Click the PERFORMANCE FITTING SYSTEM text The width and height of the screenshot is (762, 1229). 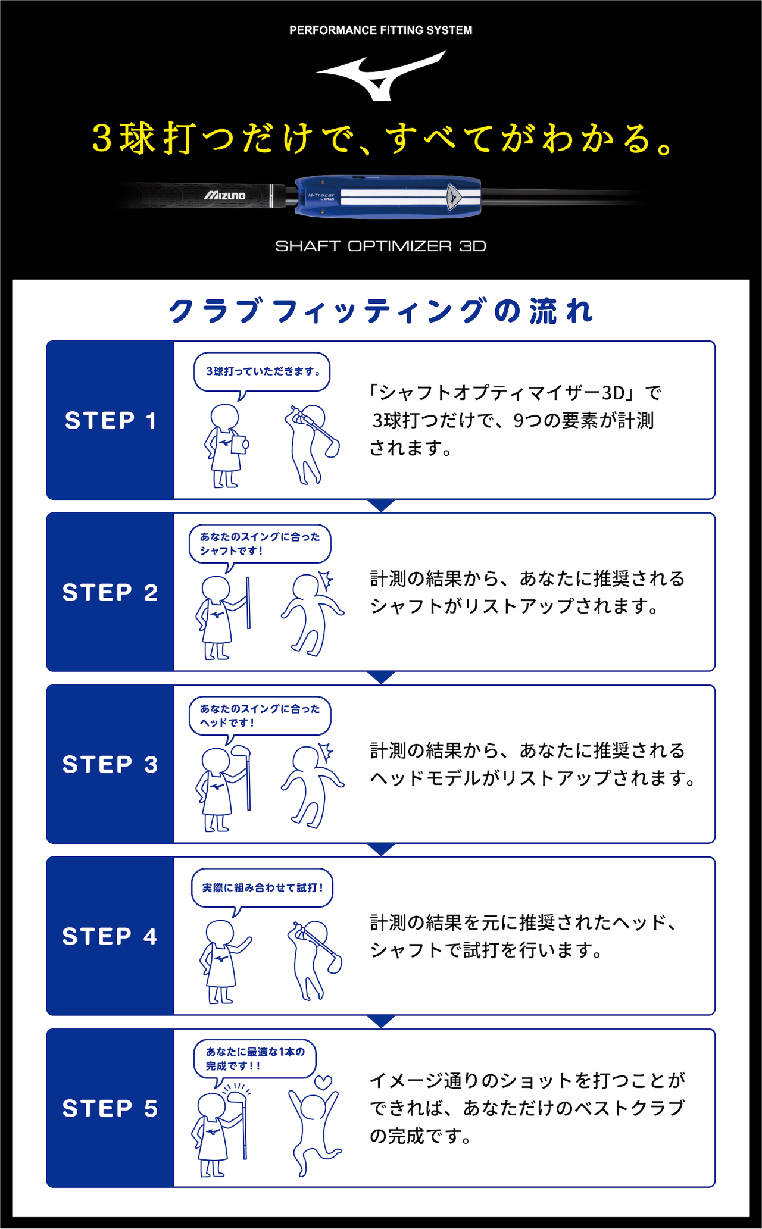point(380,30)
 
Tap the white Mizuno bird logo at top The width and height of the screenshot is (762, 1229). point(381,76)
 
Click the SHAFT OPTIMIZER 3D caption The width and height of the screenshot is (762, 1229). point(380,246)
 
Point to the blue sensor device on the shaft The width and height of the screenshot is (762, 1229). point(388,196)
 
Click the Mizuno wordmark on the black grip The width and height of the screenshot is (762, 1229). point(225,196)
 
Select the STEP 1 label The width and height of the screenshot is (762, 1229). point(111,421)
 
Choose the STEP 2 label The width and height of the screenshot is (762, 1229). point(111,593)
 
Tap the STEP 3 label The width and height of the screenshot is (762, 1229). point(111,765)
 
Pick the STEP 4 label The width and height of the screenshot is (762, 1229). point(111,937)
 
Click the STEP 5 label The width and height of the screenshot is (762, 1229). point(111,1109)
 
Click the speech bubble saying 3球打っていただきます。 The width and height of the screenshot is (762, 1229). point(262,372)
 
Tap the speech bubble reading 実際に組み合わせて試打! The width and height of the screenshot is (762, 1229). point(262,888)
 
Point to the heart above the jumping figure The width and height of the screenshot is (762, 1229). point(323,1083)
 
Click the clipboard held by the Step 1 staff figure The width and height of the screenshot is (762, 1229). point(239,445)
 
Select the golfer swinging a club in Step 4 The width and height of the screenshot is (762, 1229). point(314,958)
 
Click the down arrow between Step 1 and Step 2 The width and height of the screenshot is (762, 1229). point(381,505)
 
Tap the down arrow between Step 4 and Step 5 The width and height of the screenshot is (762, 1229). point(381,1021)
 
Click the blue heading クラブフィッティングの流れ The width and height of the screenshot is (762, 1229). point(381,311)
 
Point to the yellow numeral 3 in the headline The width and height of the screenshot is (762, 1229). point(102,139)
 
